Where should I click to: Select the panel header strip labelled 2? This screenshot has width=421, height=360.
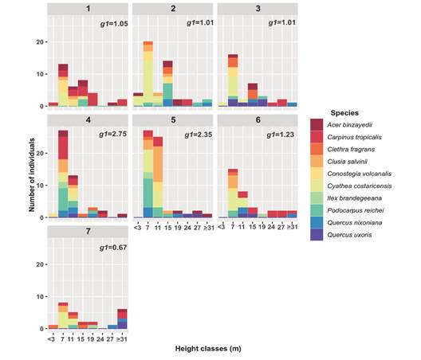pos(173,9)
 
